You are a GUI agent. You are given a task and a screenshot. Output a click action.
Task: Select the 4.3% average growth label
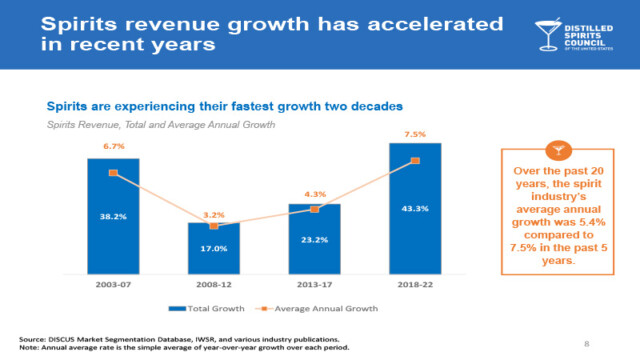point(314,193)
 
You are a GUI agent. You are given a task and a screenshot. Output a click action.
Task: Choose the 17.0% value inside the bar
point(214,249)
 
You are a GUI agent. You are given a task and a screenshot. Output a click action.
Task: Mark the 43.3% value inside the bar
point(415,208)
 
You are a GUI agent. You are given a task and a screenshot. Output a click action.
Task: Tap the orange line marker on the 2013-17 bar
point(314,209)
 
